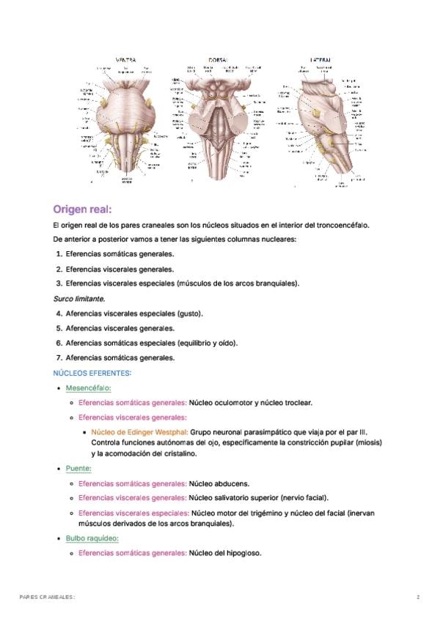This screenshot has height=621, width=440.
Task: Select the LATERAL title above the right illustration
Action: click(x=321, y=59)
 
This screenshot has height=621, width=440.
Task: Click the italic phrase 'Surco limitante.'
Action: click(x=80, y=299)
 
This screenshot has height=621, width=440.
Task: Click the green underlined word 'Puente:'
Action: click(x=78, y=469)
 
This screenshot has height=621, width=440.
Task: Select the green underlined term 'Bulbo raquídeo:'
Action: click(x=92, y=538)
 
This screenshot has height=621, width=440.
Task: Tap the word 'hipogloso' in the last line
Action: click(x=243, y=553)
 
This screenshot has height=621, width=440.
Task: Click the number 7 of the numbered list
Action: click(x=59, y=358)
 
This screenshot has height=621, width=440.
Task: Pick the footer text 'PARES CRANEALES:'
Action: click(x=47, y=598)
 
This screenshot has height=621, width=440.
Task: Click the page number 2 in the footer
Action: click(x=418, y=598)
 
